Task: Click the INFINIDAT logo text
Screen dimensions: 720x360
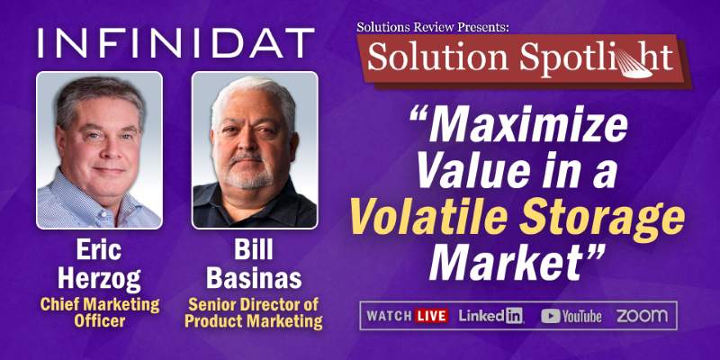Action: pyautogui.click(x=176, y=43)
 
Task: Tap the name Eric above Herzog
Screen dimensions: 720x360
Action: pyautogui.click(x=99, y=251)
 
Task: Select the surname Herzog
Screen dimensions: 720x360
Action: pyautogui.click(x=99, y=279)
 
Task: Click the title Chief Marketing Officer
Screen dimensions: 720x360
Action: pyautogui.click(x=100, y=312)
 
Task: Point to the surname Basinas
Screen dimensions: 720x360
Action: pyautogui.click(x=254, y=277)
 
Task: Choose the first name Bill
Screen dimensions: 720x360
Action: pyautogui.click(x=254, y=250)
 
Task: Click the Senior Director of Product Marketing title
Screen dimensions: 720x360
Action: pyautogui.click(x=254, y=313)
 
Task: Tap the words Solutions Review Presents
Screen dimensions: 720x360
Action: pyautogui.click(x=433, y=27)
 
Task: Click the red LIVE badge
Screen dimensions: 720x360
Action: pyautogui.click(x=431, y=316)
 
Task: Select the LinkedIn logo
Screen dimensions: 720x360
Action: pyautogui.click(x=491, y=316)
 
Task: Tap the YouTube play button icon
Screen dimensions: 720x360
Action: pyautogui.click(x=551, y=316)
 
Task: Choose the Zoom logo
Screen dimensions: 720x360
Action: pyautogui.click(x=642, y=316)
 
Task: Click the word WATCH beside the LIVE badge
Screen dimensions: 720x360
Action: pyautogui.click(x=389, y=316)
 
